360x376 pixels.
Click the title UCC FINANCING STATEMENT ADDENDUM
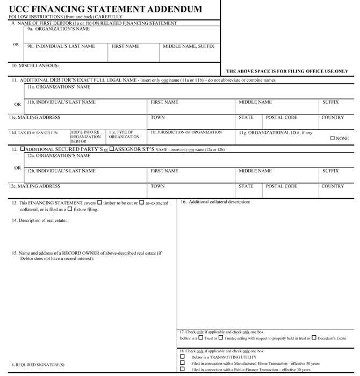point(105,9)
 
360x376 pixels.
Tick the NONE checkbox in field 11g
point(333,139)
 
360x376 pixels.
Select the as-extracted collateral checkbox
point(142,203)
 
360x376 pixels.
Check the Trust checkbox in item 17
point(200,338)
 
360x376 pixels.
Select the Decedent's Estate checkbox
point(314,338)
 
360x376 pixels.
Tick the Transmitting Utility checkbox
point(182,357)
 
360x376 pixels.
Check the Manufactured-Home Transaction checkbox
point(182,363)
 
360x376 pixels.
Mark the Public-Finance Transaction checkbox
point(182,370)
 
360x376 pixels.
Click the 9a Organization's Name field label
point(59,29)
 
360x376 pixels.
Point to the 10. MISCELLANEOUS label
point(35,66)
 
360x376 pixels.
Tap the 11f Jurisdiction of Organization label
point(186,132)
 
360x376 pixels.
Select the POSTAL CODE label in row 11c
point(282,118)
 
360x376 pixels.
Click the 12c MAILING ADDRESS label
point(34,186)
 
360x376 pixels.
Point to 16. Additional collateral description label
point(215,202)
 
